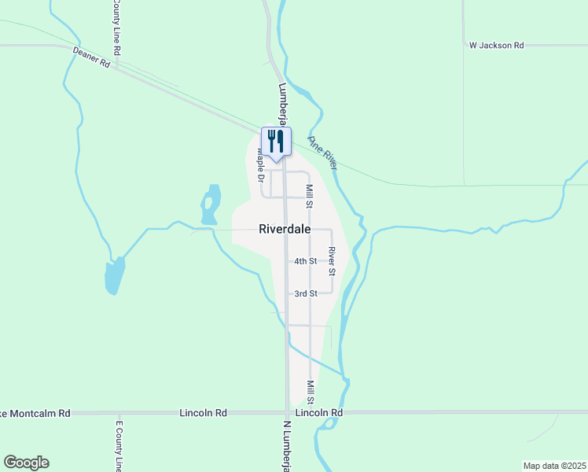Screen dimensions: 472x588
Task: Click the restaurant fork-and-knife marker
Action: (x=276, y=142)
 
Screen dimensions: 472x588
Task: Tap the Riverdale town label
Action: (x=284, y=229)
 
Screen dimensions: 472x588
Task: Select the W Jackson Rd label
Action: (x=496, y=46)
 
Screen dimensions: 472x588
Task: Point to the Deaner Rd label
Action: (x=90, y=57)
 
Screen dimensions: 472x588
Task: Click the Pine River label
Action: (x=322, y=152)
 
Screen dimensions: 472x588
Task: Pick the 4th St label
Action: (x=305, y=261)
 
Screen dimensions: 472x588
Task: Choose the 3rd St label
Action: (x=305, y=293)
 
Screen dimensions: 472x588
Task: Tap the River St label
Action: (x=333, y=260)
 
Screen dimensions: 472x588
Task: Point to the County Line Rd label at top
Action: (x=116, y=27)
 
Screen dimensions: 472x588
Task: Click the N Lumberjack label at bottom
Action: (x=286, y=444)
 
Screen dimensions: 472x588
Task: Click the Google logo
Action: (x=26, y=463)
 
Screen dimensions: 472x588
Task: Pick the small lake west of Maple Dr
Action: (x=210, y=205)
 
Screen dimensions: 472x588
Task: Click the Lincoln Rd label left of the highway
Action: (x=203, y=412)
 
